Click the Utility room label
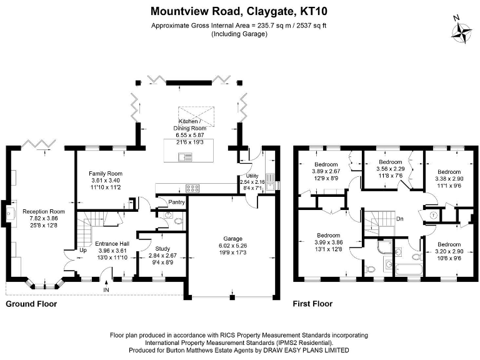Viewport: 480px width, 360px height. point(252,176)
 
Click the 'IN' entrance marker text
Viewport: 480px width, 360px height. point(106,290)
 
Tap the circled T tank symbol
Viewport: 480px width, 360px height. point(433,214)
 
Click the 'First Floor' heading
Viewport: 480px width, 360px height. point(312,304)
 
